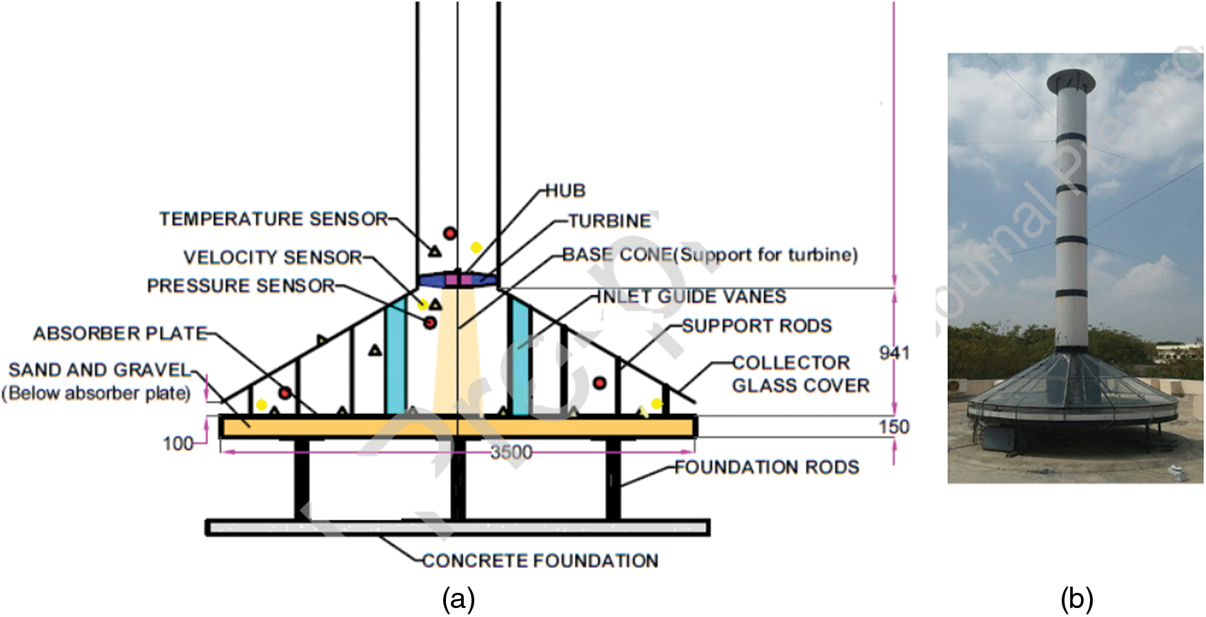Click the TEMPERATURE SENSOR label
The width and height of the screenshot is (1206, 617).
point(273,219)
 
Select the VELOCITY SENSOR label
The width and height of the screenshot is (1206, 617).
point(273,257)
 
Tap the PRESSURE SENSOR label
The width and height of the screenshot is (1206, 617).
point(241,286)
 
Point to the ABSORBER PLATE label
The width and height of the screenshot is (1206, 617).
point(120,334)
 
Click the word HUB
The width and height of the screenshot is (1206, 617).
point(565,191)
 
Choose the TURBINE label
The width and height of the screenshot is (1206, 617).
point(610,222)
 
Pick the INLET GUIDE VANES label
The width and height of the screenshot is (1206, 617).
point(691,297)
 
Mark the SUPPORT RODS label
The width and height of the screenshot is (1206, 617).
point(757,326)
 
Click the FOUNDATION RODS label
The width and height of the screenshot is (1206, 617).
point(766,468)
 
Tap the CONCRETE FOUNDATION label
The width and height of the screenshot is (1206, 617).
point(540,561)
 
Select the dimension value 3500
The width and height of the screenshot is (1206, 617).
point(512,452)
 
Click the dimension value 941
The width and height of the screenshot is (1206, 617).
point(894,353)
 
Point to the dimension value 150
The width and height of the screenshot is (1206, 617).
point(894,427)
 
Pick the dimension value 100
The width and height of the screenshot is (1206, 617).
point(178,443)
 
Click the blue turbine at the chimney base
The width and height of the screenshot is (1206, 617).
point(457,280)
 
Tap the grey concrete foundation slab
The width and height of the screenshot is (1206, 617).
point(457,529)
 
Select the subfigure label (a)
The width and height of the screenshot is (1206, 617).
point(458,599)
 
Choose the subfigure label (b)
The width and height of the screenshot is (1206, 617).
point(1076,599)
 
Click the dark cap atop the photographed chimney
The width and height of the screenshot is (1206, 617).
point(1071,82)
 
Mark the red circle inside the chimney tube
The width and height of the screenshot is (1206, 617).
point(449,233)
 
